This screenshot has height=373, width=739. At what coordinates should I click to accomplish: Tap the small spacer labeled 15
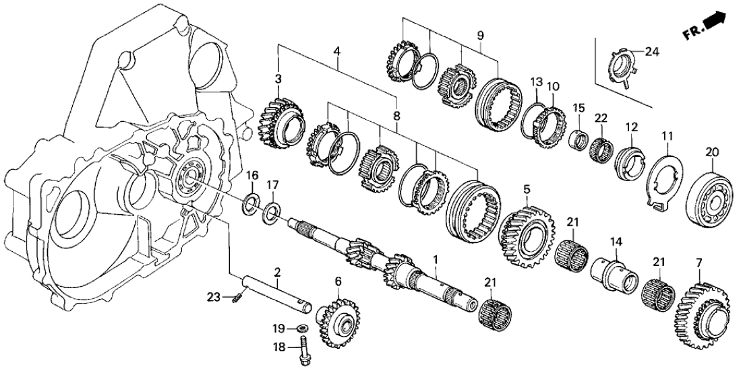(577, 141)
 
